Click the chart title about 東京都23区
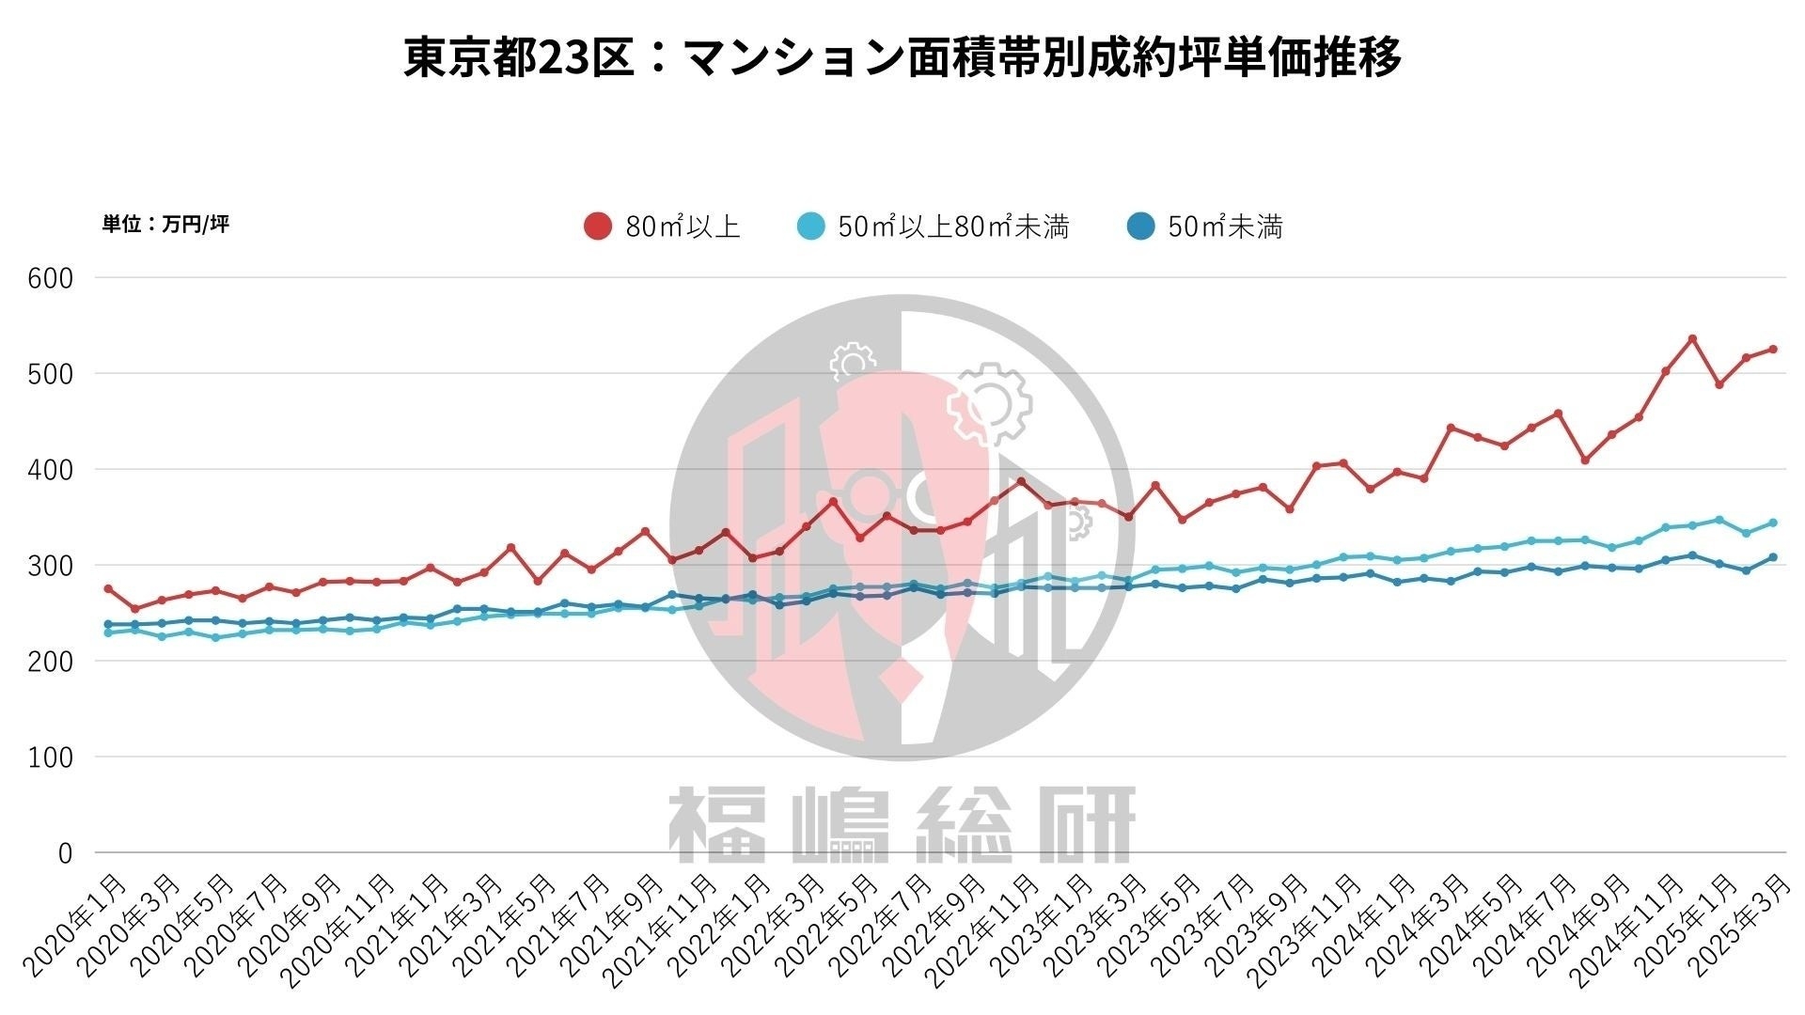[902, 56]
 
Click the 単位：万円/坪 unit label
[165, 224]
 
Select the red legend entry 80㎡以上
[663, 226]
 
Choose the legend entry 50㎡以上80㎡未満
[933, 226]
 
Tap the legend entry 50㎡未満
[1204, 226]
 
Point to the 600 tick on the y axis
[51, 278]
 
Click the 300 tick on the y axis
[51, 566]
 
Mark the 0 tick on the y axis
[64, 853]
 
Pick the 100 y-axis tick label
[51, 757]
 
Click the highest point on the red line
[1692, 338]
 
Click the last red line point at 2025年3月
[1773, 350]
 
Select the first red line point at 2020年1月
[108, 588]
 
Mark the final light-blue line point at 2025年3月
[1773, 523]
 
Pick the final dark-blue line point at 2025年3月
[1773, 557]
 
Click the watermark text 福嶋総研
[902, 825]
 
